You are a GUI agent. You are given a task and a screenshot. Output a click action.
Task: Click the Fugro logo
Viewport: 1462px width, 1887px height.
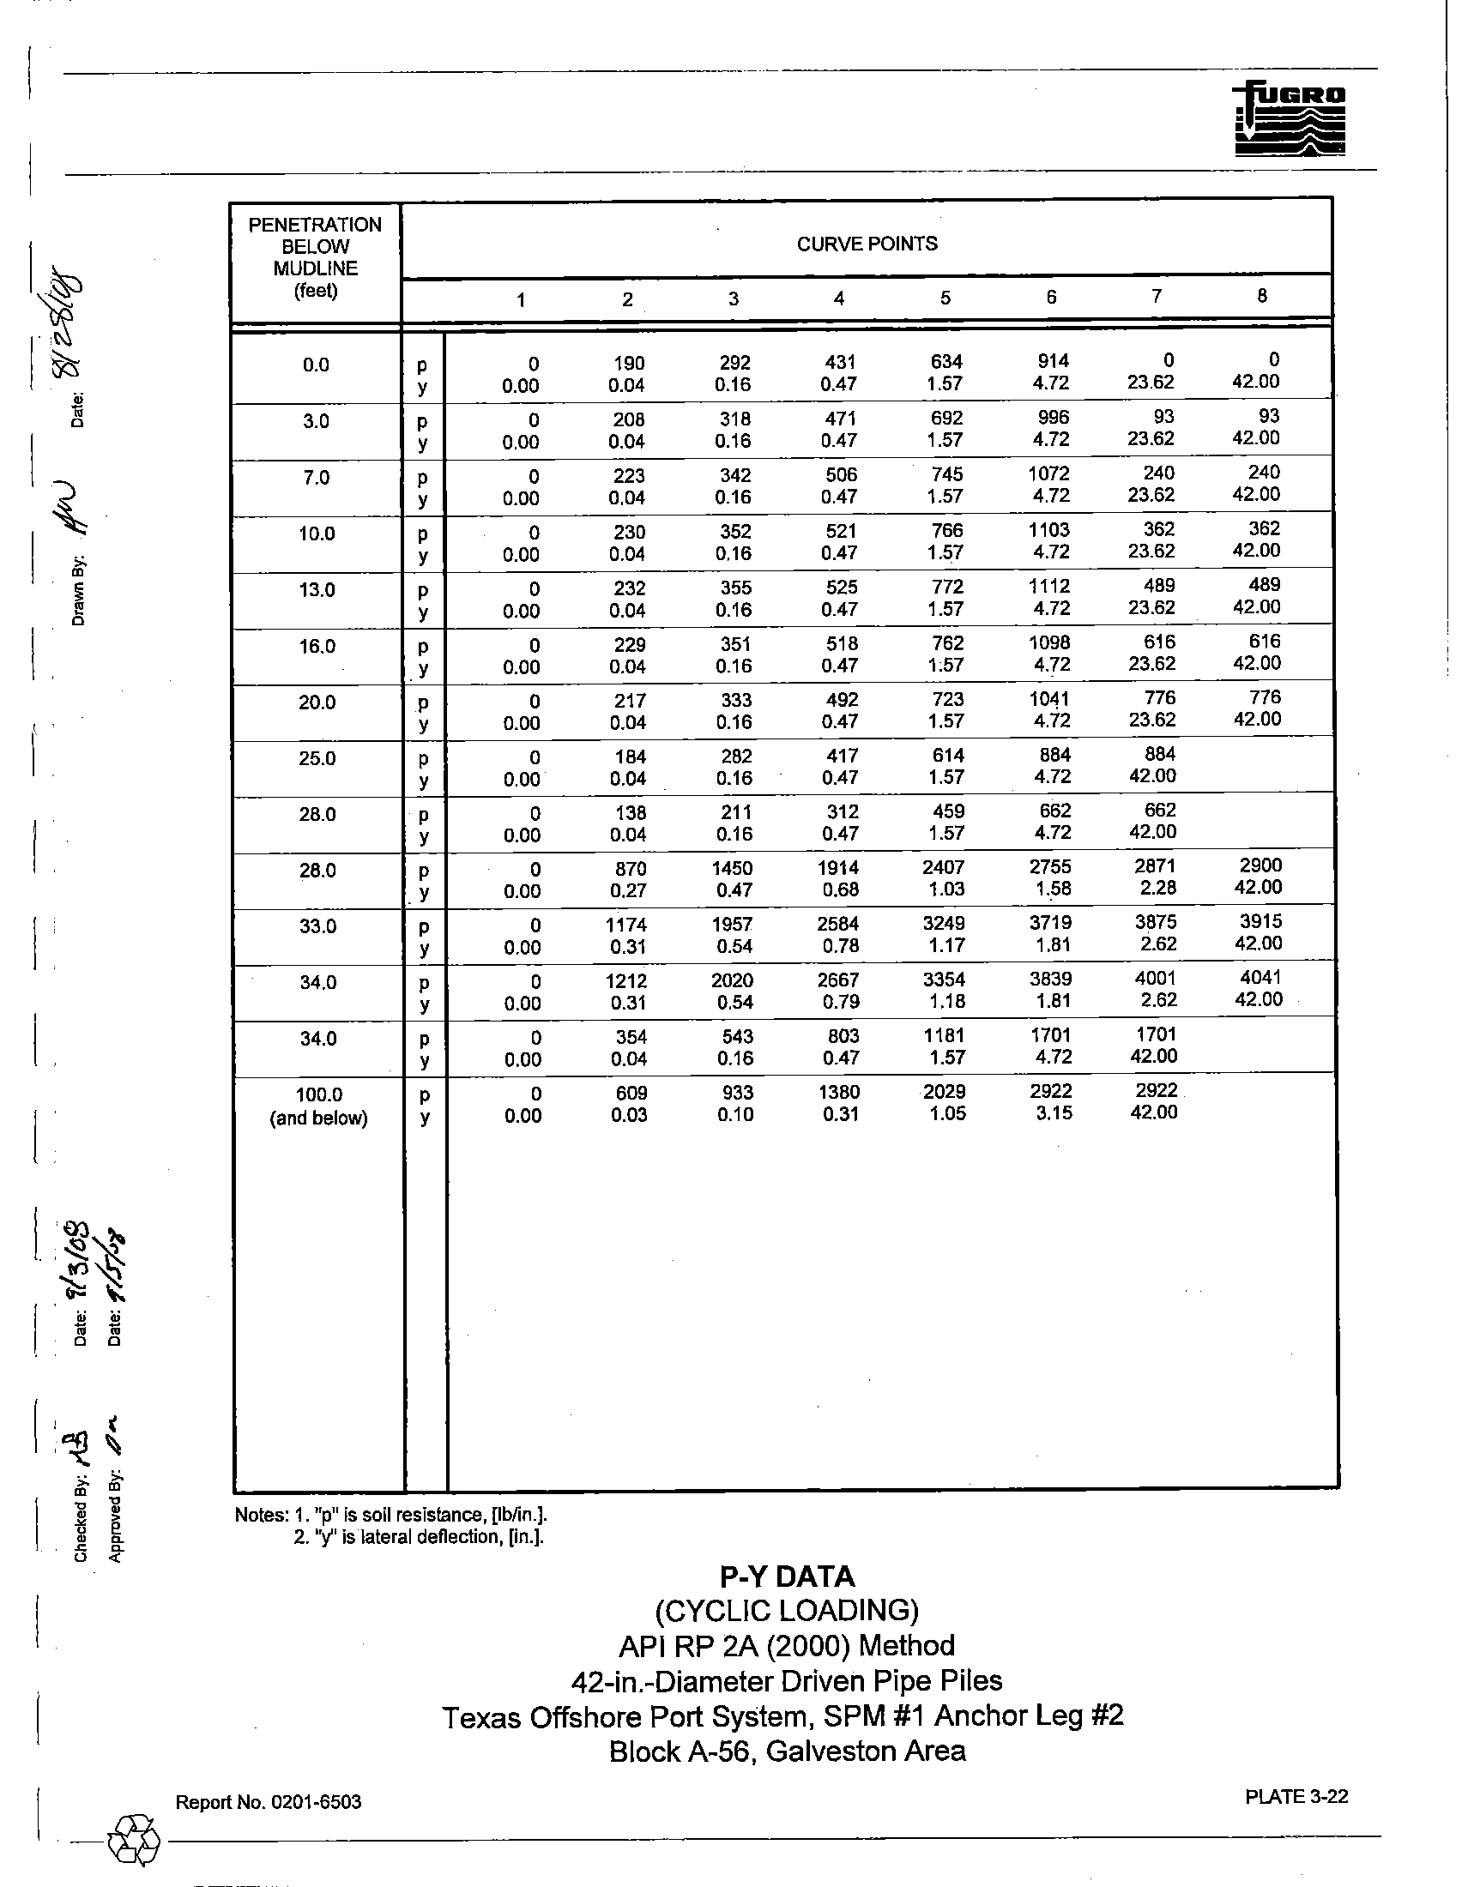click(x=1290, y=119)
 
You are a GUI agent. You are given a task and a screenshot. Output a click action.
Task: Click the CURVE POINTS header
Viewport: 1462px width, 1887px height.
click(x=867, y=244)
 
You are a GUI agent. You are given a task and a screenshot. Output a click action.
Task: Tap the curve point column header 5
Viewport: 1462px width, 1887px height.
click(x=945, y=298)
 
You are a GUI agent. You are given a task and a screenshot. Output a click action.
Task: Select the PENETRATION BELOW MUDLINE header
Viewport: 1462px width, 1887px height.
click(x=316, y=257)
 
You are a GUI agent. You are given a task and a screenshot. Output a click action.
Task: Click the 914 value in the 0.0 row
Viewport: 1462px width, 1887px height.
click(x=1054, y=362)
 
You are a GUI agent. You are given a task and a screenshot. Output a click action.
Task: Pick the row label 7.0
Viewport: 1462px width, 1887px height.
click(x=317, y=478)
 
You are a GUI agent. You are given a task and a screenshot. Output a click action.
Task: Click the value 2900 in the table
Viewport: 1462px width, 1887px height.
click(x=1260, y=865)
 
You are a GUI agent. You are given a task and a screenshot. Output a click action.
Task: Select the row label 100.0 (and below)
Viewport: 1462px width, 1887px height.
click(x=319, y=1106)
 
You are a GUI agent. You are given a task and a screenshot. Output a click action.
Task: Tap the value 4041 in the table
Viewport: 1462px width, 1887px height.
click(x=1260, y=977)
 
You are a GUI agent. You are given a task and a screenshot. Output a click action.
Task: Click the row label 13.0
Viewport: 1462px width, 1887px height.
click(x=317, y=590)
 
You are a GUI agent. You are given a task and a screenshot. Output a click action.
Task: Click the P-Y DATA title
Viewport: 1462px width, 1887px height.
click(x=787, y=1577)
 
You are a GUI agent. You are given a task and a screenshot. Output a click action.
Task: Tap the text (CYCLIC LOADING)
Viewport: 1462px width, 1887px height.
click(x=786, y=1611)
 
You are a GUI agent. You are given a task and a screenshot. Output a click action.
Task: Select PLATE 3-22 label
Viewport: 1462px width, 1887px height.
click(x=1296, y=1797)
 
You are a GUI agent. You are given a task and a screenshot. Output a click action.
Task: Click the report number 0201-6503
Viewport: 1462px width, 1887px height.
click(x=317, y=1802)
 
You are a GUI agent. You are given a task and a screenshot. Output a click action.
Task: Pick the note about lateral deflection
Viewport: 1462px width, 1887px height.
click(x=418, y=1537)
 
